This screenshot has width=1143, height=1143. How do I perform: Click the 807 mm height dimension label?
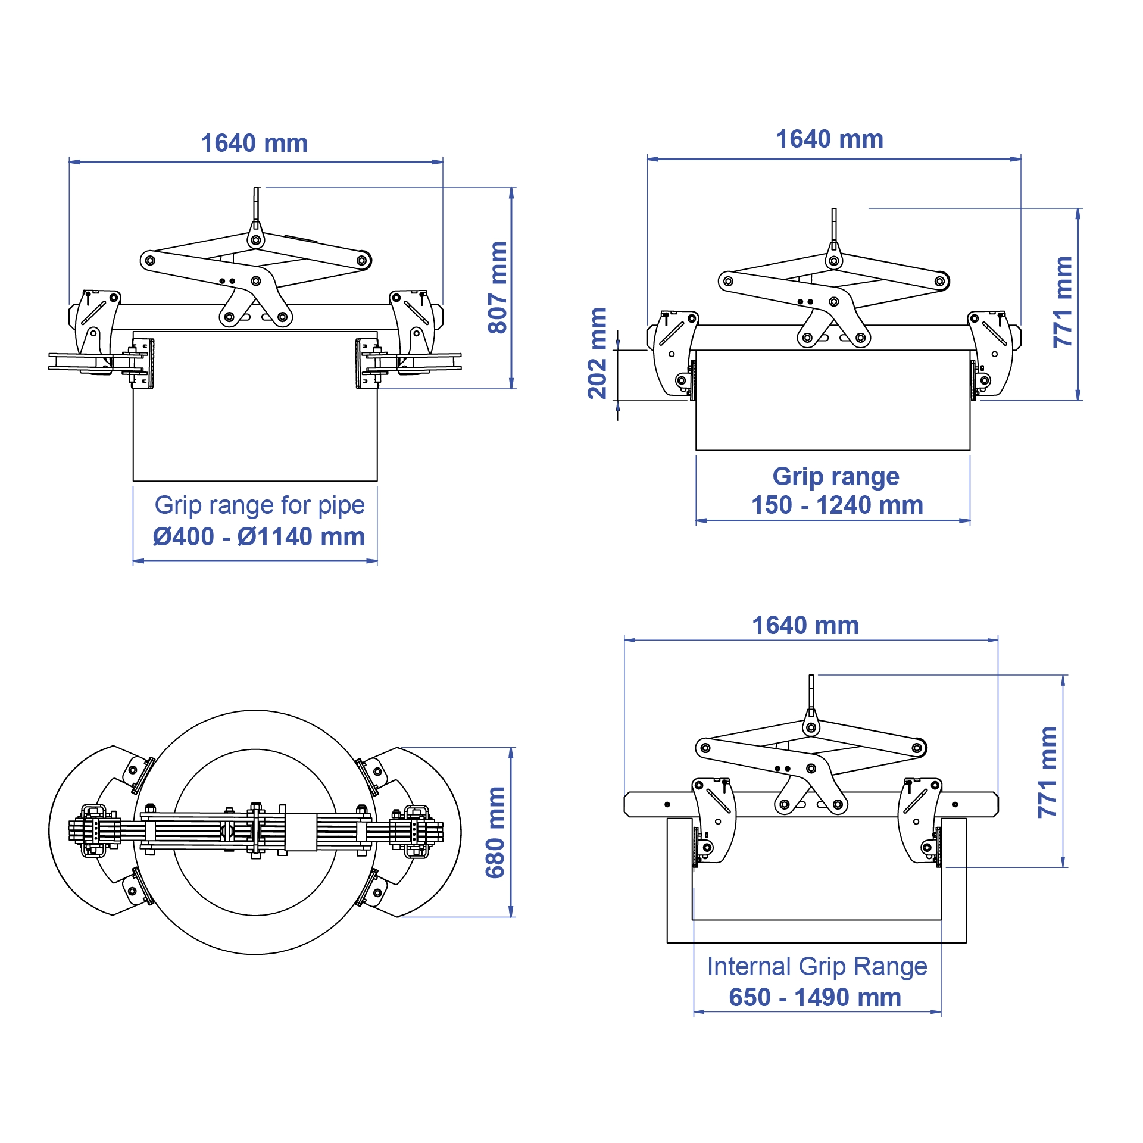pyautogui.click(x=498, y=288)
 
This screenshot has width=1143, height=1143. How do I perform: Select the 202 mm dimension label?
pyautogui.click(x=597, y=354)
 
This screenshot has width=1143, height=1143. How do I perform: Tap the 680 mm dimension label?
pyautogui.click(x=495, y=832)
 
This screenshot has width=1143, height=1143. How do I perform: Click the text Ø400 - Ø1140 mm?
pyautogui.click(x=258, y=536)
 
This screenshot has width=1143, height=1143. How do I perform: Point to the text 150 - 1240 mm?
pyautogui.click(x=837, y=505)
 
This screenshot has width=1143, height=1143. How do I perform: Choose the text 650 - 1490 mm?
pyautogui.click(x=815, y=997)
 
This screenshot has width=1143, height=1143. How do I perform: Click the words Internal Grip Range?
pyautogui.click(x=817, y=967)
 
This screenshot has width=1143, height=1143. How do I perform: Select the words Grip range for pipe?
pyautogui.click(x=260, y=505)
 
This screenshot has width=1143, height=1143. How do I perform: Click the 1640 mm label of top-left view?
pyautogui.click(x=254, y=143)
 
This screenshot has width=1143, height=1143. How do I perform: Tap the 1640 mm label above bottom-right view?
pyautogui.click(x=805, y=626)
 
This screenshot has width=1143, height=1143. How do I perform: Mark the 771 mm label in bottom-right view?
pyautogui.click(x=1048, y=772)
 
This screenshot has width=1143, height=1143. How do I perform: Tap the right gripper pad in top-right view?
pyautogui.click(x=974, y=380)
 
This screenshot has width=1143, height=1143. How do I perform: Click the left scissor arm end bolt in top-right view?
pyautogui.click(x=727, y=281)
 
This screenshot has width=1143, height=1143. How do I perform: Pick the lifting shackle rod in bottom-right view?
pyautogui.click(x=811, y=691)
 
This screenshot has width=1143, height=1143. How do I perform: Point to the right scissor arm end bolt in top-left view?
pyautogui.click(x=361, y=261)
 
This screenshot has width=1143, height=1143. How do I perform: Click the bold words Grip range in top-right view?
pyautogui.click(x=836, y=477)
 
